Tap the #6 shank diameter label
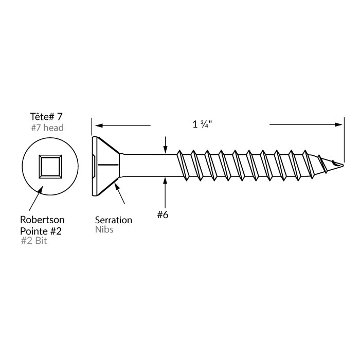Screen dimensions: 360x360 [x=163, y=215]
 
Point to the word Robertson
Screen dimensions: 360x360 [x=40, y=220]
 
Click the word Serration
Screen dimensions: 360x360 [x=114, y=220]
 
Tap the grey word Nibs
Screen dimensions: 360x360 [x=104, y=230]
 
